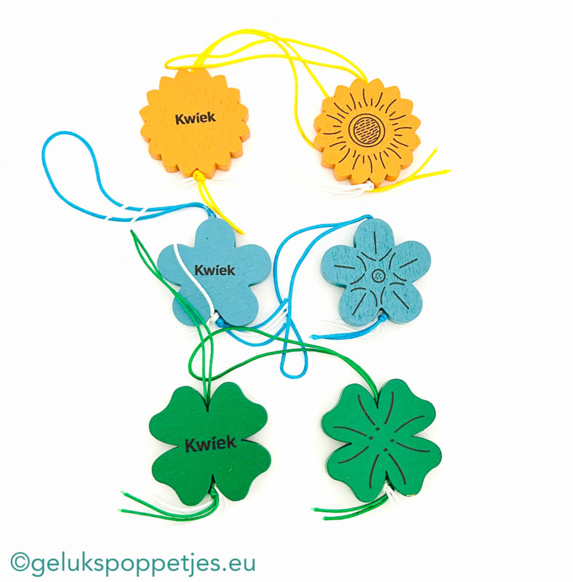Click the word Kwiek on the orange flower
pos(195,118)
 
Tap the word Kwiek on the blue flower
pos(215,270)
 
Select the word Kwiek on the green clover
pos(210,443)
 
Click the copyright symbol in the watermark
pos(20,563)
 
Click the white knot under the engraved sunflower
pos(362,186)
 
